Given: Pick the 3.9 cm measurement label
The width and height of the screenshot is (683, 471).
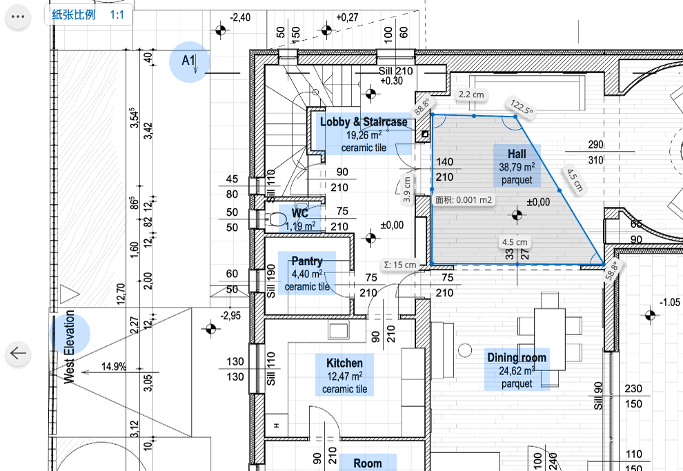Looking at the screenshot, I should [x=407, y=190].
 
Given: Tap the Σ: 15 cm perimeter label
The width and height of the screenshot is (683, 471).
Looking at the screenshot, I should [x=400, y=265].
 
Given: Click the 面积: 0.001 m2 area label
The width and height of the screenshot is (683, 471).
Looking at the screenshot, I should [x=464, y=200].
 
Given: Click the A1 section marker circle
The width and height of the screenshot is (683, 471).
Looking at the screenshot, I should [x=189, y=62].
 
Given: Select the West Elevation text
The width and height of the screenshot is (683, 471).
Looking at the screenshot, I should [x=69, y=345].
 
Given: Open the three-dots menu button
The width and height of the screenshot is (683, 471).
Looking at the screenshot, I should [x=19, y=19].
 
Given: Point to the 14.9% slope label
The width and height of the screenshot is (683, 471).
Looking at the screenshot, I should [x=113, y=367].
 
